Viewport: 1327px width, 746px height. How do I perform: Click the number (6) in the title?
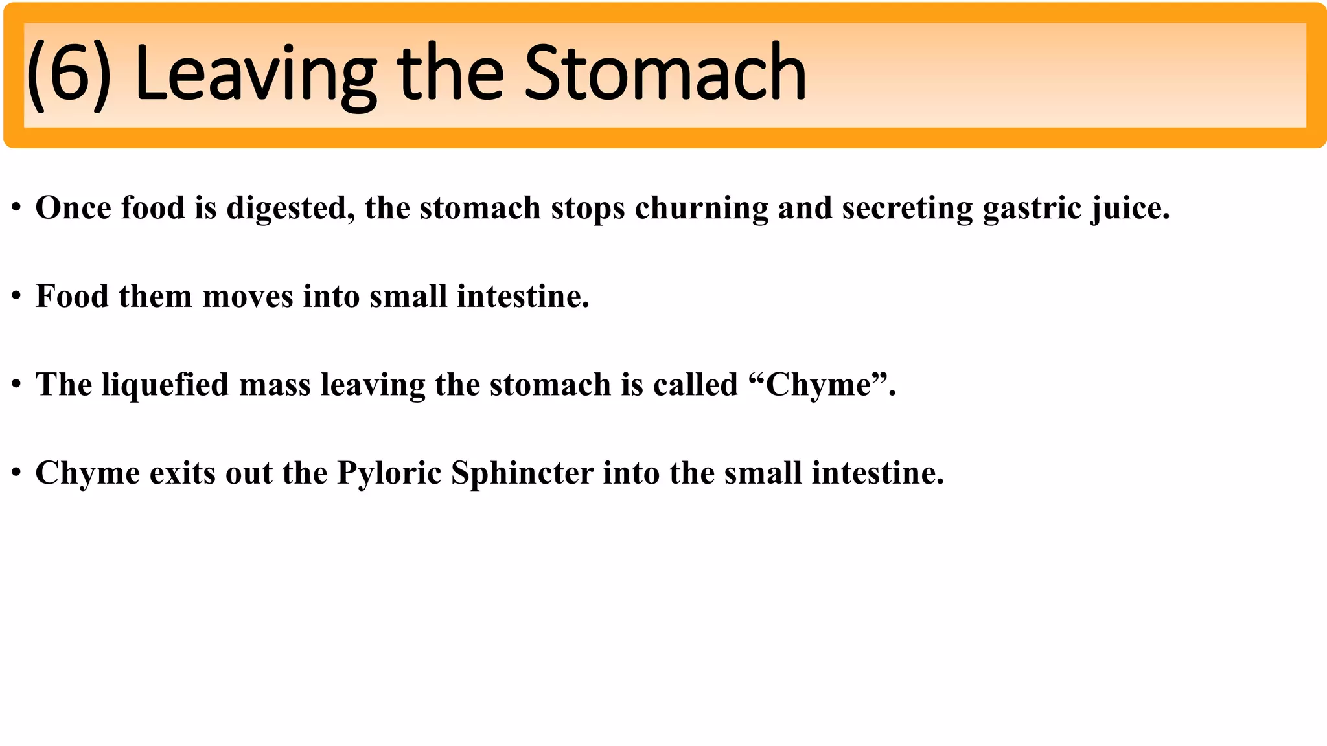click(x=69, y=74)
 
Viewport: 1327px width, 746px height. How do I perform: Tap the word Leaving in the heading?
click(x=255, y=74)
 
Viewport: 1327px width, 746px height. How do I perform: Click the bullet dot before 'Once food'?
click(x=17, y=209)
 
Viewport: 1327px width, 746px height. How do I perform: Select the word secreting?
click(x=907, y=209)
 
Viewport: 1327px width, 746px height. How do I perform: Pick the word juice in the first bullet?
click(x=1130, y=209)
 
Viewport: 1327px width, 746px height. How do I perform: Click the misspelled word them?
click(x=156, y=297)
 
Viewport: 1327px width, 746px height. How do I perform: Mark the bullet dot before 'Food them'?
click(x=17, y=297)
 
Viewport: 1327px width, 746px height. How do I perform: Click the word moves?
click(x=248, y=297)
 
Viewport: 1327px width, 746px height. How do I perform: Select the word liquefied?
click(x=165, y=385)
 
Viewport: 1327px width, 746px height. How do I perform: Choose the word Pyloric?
click(x=389, y=473)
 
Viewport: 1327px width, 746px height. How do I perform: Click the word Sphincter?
click(x=522, y=473)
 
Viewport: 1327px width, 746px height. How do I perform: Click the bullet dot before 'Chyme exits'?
click(x=17, y=473)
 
